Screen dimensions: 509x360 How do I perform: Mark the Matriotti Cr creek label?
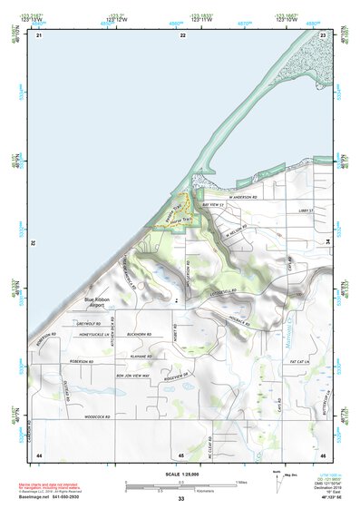[x=287, y=320]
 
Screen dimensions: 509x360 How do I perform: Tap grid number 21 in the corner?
[x=39, y=34]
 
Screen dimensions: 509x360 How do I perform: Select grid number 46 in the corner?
[x=322, y=454]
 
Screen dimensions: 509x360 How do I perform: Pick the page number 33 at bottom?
[x=180, y=499]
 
